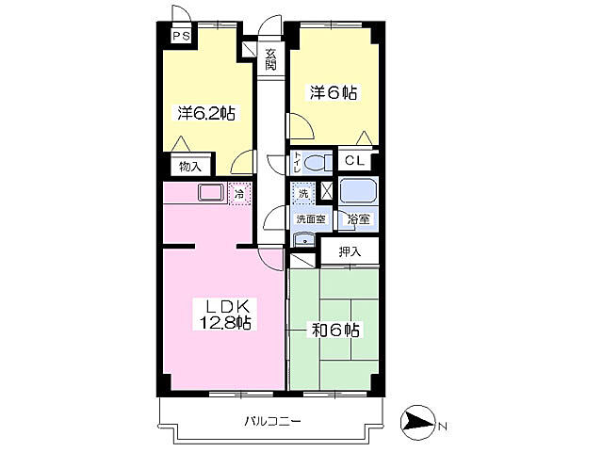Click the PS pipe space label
click(x=181, y=37)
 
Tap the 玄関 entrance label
click(x=270, y=59)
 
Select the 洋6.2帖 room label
click(x=206, y=113)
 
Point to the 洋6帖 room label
click(x=334, y=93)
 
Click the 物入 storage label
click(x=190, y=167)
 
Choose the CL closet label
click(x=354, y=160)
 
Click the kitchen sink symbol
click(x=211, y=192)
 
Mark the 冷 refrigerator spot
click(x=239, y=194)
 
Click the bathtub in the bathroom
click(x=358, y=190)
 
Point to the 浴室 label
click(x=359, y=219)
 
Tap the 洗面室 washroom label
click(x=311, y=219)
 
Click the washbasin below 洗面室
click(x=304, y=240)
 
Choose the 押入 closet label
click(x=350, y=251)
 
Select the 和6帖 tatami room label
click(x=335, y=331)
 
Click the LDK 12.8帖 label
click(x=224, y=315)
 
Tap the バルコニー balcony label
click(x=272, y=422)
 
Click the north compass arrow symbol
click(x=417, y=424)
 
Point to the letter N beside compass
click(x=443, y=426)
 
